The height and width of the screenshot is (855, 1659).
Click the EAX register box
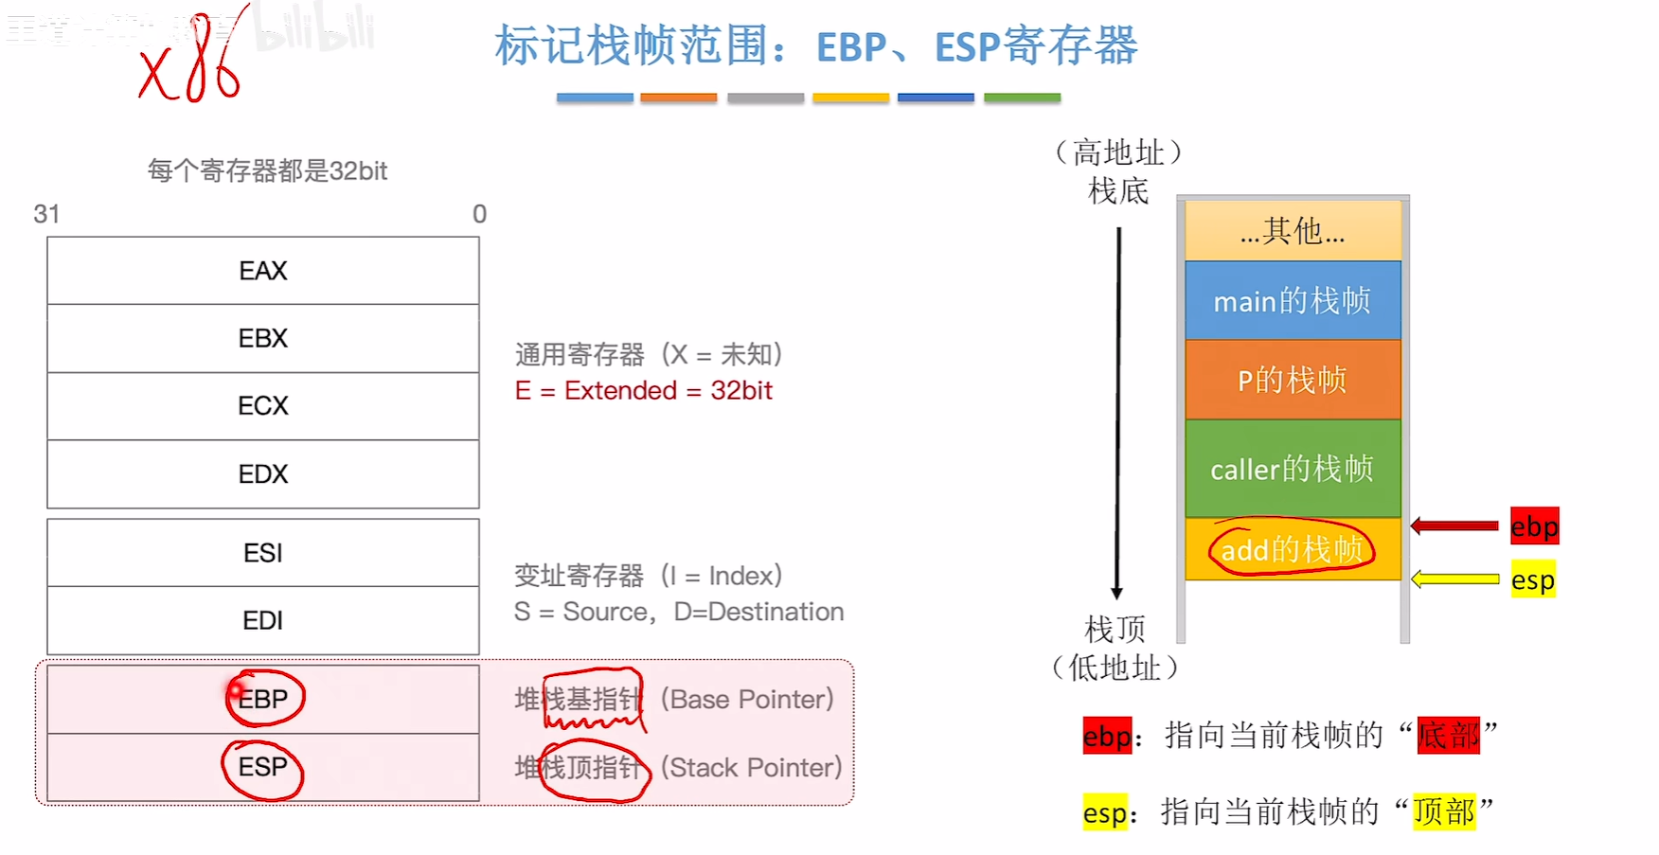click(263, 271)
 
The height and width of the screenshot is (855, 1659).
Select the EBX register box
click(263, 338)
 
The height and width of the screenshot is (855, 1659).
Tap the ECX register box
click(263, 406)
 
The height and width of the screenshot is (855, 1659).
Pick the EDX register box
click(263, 473)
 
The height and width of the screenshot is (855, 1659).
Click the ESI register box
click(263, 553)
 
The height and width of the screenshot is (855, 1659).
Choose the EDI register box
click(263, 620)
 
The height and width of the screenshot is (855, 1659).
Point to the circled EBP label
click(264, 699)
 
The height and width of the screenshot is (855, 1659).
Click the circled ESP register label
click(262, 767)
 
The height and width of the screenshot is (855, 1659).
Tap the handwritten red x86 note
click(192, 62)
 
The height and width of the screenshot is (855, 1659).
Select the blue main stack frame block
click(1293, 301)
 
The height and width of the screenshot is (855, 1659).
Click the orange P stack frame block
click(1293, 380)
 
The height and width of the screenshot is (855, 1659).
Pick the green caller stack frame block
click(1293, 469)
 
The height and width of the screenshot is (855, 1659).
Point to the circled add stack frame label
click(1292, 549)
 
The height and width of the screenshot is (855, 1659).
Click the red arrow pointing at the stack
click(1454, 525)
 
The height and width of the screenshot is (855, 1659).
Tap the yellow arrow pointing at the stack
click(1454, 579)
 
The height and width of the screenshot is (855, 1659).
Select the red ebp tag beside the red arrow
click(1534, 526)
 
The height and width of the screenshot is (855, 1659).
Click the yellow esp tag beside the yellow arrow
click(1533, 579)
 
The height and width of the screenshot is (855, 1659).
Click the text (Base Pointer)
click(747, 700)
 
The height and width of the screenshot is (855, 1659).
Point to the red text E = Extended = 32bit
click(644, 390)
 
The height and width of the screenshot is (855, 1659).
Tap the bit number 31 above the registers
click(46, 214)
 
